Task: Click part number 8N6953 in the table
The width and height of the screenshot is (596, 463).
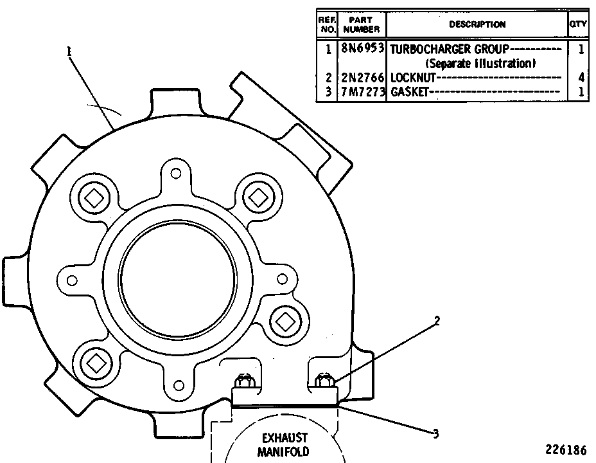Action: point(362,49)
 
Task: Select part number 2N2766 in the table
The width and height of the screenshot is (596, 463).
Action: point(362,78)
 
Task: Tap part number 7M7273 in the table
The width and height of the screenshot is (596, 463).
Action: point(362,92)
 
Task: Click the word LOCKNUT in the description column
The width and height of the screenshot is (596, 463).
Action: point(413,78)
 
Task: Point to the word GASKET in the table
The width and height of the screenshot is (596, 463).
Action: point(409,92)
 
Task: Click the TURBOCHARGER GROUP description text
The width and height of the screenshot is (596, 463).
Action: point(450,50)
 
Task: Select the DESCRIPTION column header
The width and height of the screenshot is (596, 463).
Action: point(477,24)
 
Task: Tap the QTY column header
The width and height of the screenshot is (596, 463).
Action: point(578,24)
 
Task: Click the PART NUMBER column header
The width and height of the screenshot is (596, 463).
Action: point(361,24)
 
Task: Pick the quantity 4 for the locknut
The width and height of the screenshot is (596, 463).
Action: point(581,78)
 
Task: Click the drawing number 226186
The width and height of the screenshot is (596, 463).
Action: point(566,450)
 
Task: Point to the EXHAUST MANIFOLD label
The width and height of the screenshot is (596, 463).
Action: point(284,445)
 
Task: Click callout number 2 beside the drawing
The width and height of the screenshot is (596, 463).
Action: point(437,321)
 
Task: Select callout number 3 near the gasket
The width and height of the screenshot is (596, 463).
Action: point(436,433)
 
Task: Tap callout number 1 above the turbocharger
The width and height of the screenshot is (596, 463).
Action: point(69,51)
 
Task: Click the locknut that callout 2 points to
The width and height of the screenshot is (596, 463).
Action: point(324,379)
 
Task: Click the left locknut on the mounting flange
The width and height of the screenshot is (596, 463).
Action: point(243,381)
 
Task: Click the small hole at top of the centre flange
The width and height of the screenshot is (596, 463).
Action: point(175,174)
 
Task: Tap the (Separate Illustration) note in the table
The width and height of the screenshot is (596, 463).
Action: point(480,64)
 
